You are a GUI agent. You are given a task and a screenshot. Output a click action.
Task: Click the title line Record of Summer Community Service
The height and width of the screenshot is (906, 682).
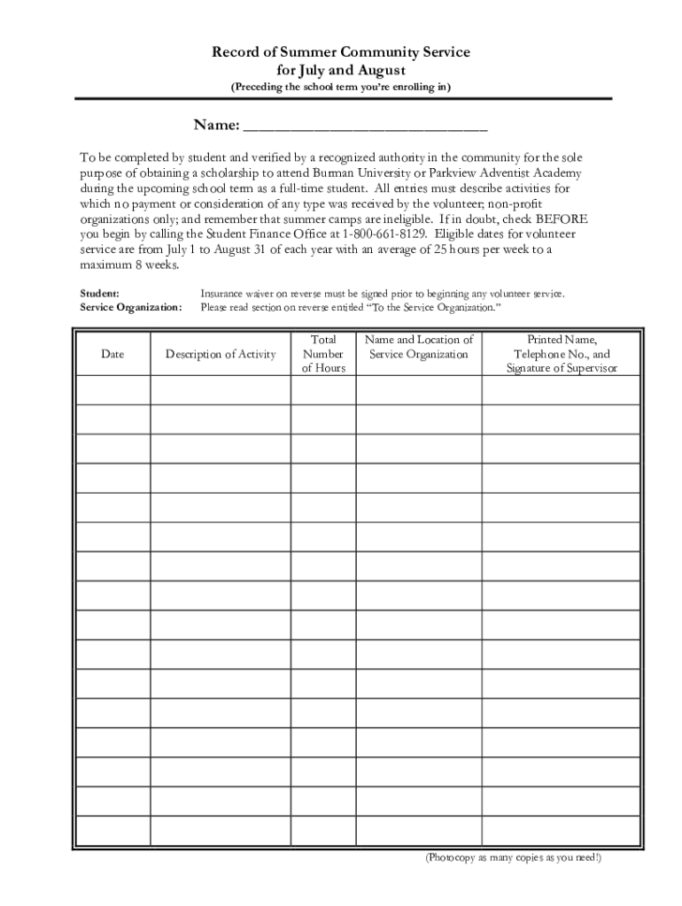(341, 53)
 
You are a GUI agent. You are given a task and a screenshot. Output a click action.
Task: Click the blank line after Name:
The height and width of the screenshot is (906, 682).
(364, 124)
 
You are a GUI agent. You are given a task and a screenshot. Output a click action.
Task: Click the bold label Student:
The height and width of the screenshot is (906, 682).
(100, 293)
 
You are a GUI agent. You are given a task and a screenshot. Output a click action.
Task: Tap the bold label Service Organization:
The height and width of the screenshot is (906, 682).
(131, 308)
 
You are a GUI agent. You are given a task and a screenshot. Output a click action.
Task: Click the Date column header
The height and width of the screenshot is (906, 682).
(112, 354)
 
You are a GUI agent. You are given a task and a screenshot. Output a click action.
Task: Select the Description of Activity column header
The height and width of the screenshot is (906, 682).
(221, 354)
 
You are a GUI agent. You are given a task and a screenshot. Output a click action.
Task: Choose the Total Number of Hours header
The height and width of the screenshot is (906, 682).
(323, 354)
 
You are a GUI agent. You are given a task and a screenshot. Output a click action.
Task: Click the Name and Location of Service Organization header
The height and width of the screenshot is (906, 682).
(419, 347)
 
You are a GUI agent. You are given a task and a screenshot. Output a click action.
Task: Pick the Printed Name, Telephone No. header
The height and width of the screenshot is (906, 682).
(562, 354)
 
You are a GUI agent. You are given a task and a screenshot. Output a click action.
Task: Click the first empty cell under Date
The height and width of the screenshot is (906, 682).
(112, 390)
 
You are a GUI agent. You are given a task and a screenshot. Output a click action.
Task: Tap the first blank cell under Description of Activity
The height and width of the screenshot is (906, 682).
(221, 390)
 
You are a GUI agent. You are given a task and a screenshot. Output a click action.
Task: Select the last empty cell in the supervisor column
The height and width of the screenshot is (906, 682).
(562, 830)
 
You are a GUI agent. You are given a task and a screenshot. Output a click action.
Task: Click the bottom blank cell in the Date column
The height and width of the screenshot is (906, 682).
(112, 830)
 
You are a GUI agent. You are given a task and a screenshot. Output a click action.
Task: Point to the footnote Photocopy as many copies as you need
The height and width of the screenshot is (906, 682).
(512, 858)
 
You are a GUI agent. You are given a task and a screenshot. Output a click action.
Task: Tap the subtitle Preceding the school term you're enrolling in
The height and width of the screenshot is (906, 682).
(341, 87)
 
